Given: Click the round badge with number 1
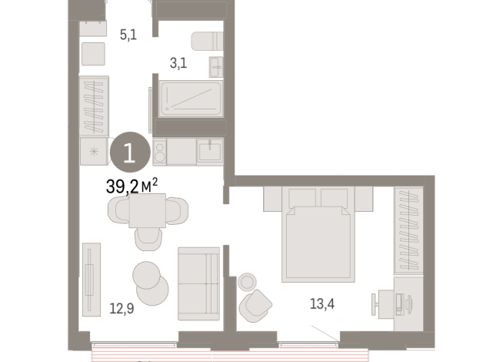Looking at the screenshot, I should click(x=128, y=152).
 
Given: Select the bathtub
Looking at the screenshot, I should click(x=190, y=99).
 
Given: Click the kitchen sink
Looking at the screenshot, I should click(x=210, y=151).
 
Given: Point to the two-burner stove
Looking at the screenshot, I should click(x=161, y=151).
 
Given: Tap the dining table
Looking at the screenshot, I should click(x=148, y=209).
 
